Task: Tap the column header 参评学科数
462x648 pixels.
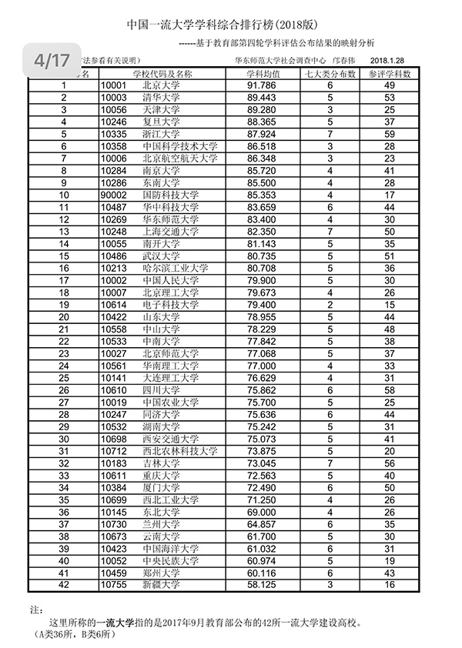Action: click(389, 75)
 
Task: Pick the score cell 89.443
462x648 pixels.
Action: click(262, 98)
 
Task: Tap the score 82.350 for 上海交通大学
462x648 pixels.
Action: click(262, 231)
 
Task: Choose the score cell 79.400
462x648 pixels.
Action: click(262, 304)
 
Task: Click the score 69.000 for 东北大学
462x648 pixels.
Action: click(262, 512)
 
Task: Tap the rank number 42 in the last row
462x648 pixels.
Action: click(64, 585)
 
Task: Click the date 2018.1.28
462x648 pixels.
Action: click(391, 59)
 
